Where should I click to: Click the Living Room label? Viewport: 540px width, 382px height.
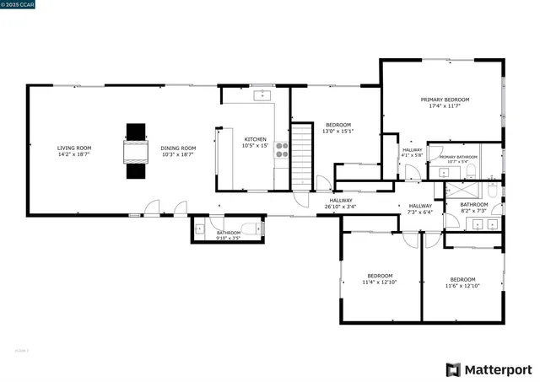74,148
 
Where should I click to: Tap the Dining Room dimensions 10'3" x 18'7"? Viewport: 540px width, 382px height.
178,155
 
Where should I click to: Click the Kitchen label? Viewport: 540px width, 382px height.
255,139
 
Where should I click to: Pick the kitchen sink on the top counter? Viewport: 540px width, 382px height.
262,94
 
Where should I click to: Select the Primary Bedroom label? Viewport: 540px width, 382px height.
445,100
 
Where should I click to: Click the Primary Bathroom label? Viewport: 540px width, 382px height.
459,157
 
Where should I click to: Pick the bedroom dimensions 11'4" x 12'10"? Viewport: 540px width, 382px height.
380,282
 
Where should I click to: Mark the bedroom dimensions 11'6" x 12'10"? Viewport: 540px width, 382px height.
462,286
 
